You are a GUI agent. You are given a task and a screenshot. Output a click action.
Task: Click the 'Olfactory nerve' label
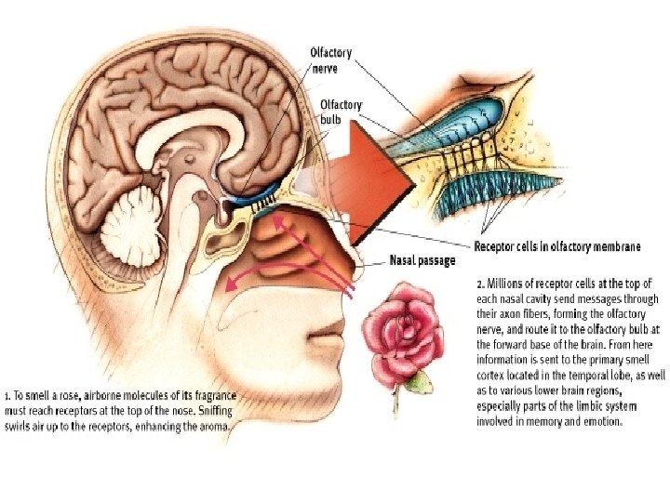point(330,59)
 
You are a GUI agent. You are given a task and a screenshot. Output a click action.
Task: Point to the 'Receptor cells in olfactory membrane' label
point(557,246)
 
